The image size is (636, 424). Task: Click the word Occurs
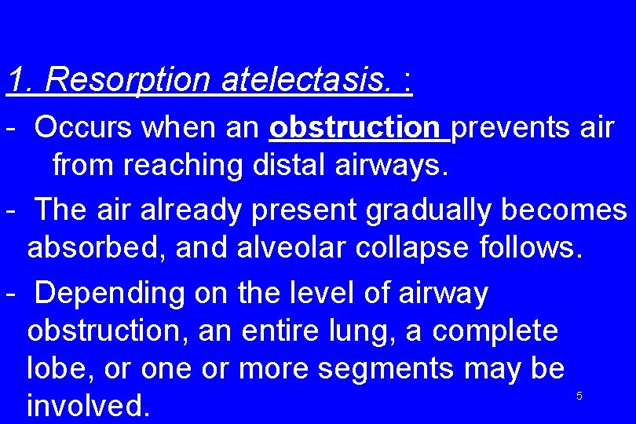coord(84,127)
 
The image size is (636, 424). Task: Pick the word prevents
coord(509,127)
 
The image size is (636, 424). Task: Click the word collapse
coord(415,248)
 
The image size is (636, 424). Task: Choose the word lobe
coord(57,367)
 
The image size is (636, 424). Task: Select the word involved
coord(87,405)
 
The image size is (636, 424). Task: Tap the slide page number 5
coord(579,397)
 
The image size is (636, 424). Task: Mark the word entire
coord(282,331)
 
